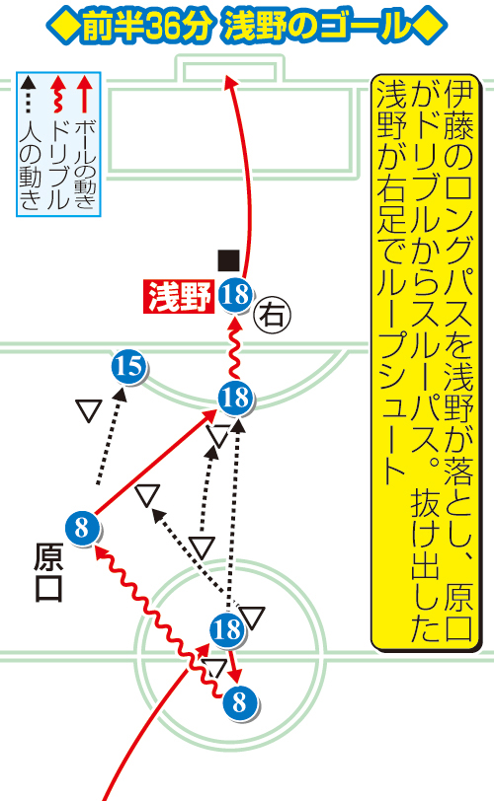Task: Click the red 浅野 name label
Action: (x=179, y=296)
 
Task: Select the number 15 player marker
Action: (x=128, y=367)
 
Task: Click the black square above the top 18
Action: (x=228, y=260)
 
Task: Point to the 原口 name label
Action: (x=49, y=571)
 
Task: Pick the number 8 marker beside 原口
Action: (x=82, y=528)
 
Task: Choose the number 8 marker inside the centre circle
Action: (x=240, y=702)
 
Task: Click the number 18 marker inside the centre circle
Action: (x=227, y=630)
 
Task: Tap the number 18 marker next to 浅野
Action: (x=235, y=295)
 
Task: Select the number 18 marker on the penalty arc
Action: (x=235, y=398)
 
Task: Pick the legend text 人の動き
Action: (x=30, y=166)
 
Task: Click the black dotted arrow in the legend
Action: (x=30, y=95)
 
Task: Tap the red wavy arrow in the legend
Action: (x=57, y=95)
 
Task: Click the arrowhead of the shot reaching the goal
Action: (x=230, y=82)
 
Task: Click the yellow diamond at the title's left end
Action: (x=63, y=27)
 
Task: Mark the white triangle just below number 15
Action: (x=89, y=410)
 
